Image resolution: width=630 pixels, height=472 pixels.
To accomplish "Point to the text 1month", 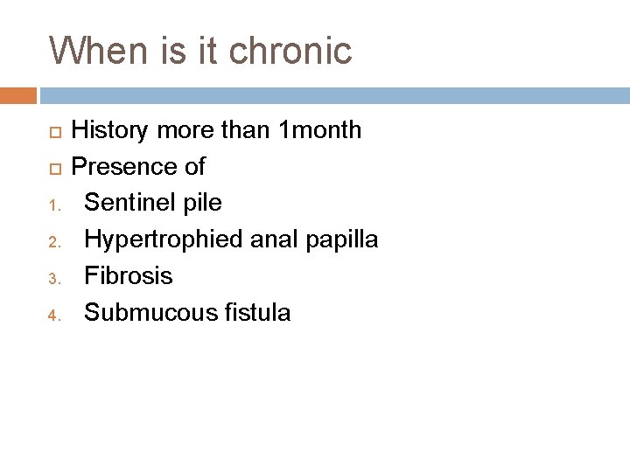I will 318,131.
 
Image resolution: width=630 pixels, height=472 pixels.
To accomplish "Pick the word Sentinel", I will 127,204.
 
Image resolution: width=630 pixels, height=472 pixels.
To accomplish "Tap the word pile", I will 199,204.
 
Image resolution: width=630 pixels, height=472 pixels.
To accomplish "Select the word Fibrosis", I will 129,276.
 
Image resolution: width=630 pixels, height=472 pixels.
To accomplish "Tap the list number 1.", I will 53,206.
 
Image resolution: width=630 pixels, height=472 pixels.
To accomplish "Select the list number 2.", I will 53,243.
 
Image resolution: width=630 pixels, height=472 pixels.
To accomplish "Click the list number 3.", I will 53,280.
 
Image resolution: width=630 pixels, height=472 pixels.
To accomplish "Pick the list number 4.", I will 53,316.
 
